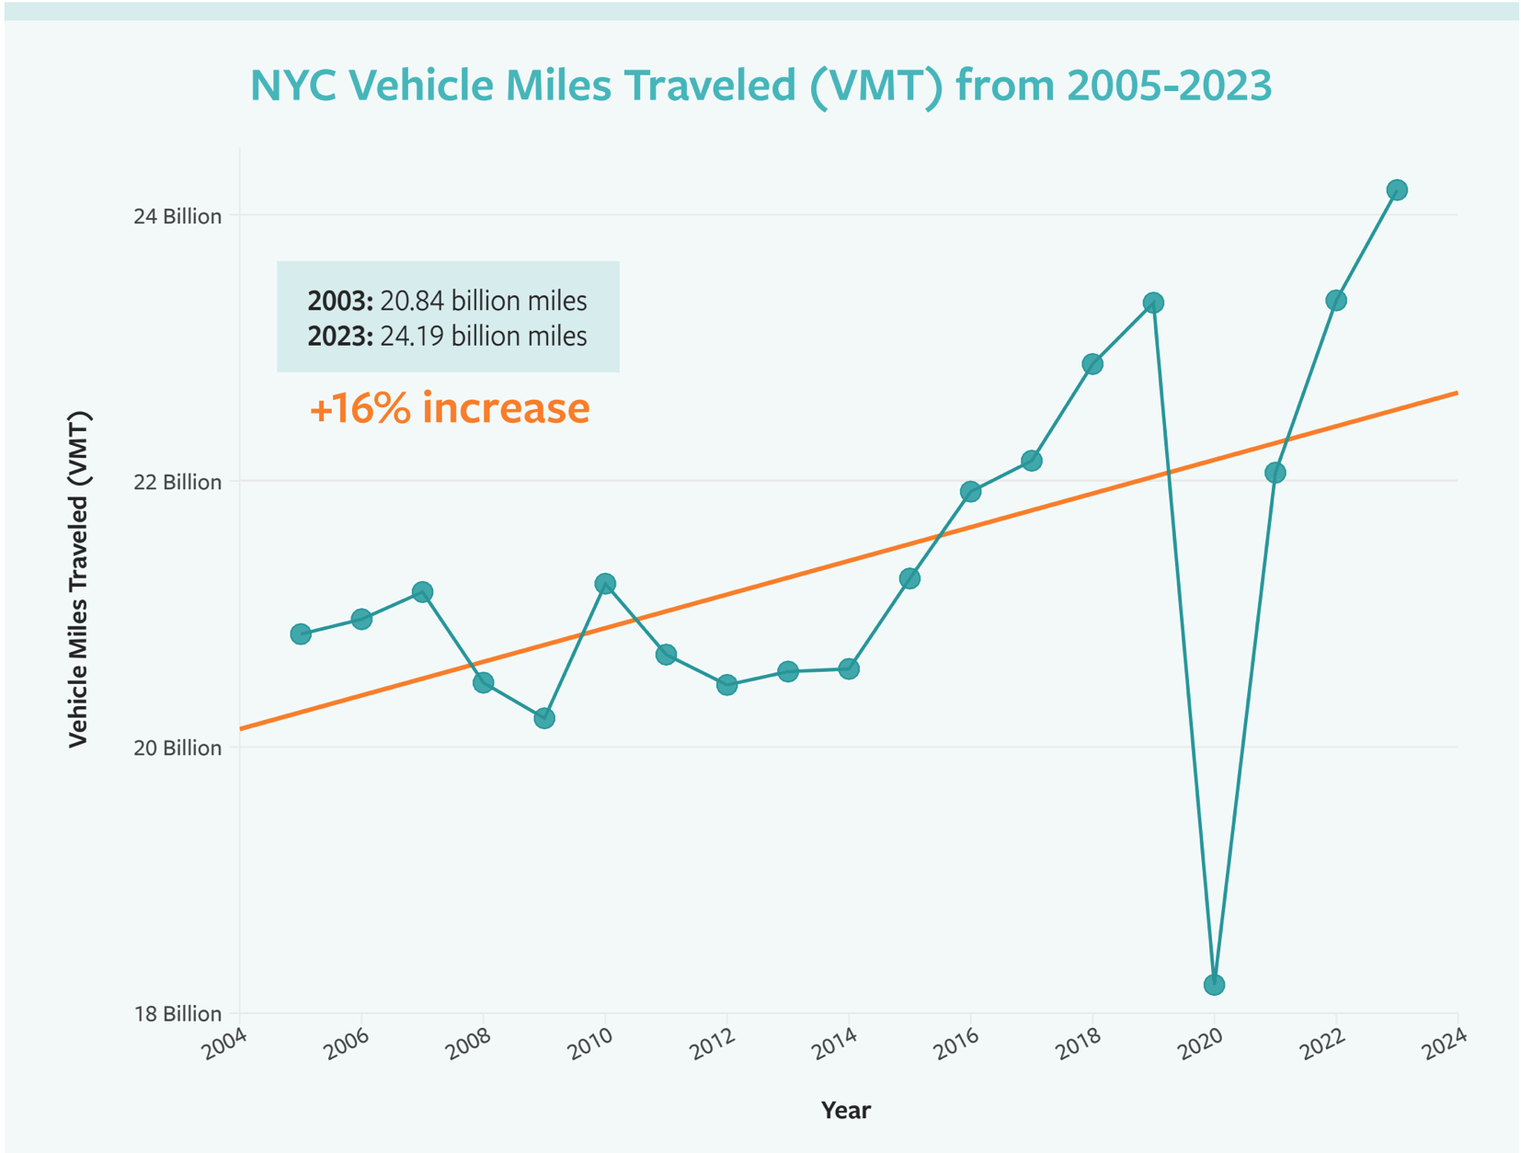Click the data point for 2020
1214,985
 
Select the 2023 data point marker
1396,190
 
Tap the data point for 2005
301,634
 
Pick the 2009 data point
544,718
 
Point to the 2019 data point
1153,303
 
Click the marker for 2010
605,584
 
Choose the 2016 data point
970,492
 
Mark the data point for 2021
1275,473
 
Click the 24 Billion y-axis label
177,217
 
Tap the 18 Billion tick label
177,1014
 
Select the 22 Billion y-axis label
177,483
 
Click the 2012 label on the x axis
713,1045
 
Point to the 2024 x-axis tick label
1443,1045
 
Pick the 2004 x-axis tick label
225,1045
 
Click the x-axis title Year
845,1111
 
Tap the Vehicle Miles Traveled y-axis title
79,579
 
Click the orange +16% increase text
449,408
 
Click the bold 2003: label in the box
340,302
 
